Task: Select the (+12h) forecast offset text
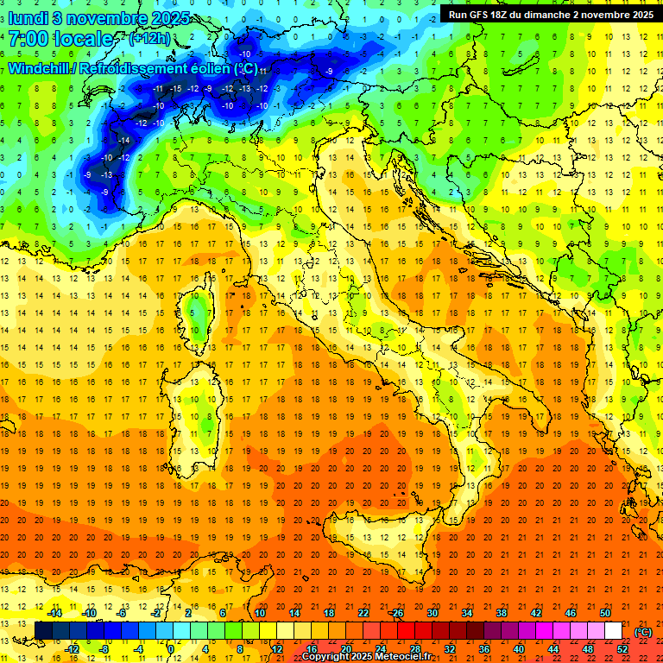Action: point(149,39)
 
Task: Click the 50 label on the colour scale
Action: point(605,613)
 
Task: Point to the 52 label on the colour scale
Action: point(622,648)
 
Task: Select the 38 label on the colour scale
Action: point(502,613)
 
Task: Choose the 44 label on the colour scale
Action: point(553,648)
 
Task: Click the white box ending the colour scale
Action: point(613,630)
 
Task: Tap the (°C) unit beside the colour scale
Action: point(643,631)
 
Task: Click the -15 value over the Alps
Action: point(176,88)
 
